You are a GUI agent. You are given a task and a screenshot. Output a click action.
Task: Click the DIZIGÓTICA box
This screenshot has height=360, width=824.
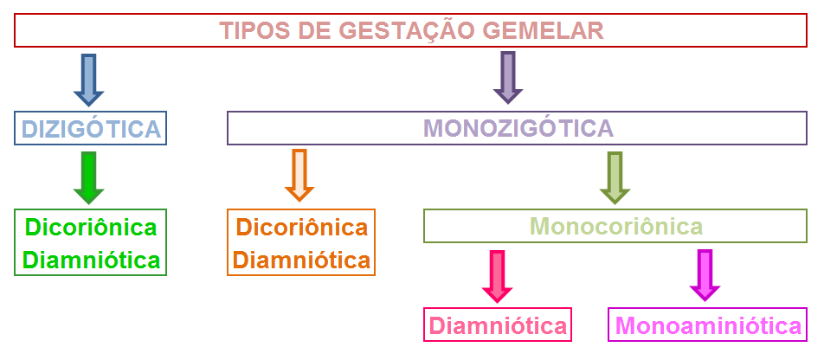(x=91, y=129)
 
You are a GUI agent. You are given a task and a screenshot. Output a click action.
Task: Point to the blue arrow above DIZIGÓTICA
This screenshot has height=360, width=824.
(x=88, y=78)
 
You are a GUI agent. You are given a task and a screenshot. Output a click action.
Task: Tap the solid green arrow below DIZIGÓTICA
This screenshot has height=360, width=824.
(x=88, y=177)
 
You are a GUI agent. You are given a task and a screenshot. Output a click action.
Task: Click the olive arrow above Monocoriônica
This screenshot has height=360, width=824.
(x=614, y=177)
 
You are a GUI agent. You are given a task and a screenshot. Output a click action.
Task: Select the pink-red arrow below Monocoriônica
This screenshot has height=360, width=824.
(x=497, y=275)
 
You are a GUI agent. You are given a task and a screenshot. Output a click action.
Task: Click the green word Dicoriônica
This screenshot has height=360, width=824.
(x=91, y=227)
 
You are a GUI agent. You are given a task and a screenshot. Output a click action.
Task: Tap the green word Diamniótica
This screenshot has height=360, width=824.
(x=91, y=260)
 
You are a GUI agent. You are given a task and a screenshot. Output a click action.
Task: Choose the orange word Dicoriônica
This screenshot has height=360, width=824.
(x=301, y=227)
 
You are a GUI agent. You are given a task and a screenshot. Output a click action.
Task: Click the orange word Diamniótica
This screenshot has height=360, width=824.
(x=301, y=260)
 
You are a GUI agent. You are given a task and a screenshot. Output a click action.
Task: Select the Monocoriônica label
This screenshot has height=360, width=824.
(x=615, y=227)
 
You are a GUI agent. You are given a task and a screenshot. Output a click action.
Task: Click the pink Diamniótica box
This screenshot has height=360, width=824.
(x=498, y=326)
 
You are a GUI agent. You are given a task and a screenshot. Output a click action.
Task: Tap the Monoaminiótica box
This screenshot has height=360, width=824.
(x=707, y=326)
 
